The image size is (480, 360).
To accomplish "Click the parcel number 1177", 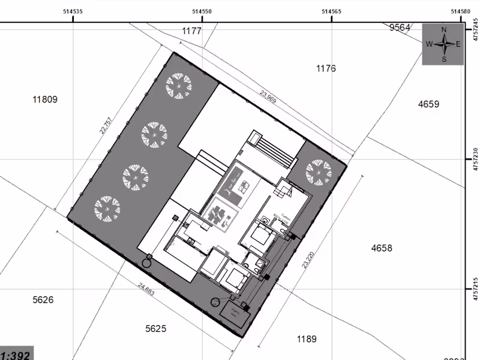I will tap(191, 31).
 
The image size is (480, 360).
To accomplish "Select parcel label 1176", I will tap(326, 68).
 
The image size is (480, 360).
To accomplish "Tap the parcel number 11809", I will tap(45, 100).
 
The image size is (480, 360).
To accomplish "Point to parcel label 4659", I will tap(428, 104).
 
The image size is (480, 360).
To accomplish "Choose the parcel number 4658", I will tap(382, 248).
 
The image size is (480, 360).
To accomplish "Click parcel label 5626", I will tap(43, 299).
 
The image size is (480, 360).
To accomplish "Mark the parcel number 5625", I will tap(155, 328).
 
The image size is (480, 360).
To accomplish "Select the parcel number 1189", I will tap(307, 339).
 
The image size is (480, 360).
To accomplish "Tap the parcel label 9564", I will tap(400, 27).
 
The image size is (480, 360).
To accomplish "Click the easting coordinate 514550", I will tap(202, 10).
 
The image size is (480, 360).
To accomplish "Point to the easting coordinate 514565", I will tap(332, 10).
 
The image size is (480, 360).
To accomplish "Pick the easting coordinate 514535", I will tap(73, 10).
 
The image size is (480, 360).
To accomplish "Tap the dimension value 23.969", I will tap(268, 97).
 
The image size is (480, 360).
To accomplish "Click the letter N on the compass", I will tap(444, 29).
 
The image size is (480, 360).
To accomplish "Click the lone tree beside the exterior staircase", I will tap(317, 173).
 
